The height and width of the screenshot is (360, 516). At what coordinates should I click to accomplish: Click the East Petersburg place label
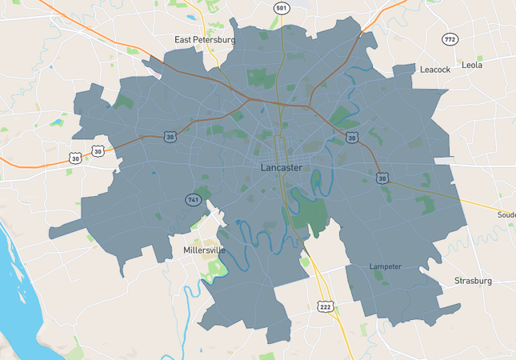[x=205, y=39]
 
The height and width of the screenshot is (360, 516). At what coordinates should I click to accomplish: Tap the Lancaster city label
[x=281, y=167]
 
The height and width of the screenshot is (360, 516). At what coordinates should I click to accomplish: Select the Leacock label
[x=435, y=70]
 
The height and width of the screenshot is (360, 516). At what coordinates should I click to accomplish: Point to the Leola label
[x=472, y=65]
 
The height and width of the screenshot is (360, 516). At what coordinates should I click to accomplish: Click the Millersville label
[x=204, y=250]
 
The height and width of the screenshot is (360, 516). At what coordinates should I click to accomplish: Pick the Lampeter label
[x=386, y=266]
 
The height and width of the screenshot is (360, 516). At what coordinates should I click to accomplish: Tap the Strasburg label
[x=473, y=281]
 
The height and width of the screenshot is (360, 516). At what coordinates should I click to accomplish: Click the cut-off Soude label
[x=506, y=214]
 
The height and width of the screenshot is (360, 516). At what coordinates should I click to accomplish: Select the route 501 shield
[x=281, y=8]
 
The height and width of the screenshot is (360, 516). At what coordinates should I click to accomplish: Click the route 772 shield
[x=450, y=39]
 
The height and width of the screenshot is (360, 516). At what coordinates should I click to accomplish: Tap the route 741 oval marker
[x=193, y=199]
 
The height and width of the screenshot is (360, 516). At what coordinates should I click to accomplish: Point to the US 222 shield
[x=325, y=306]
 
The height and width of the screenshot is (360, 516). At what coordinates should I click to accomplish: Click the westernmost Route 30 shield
[x=74, y=157]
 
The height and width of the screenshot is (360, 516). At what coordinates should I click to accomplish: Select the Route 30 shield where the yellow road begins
[x=382, y=178]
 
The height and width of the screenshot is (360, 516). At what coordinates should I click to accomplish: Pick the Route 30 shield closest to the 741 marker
[x=170, y=137]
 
